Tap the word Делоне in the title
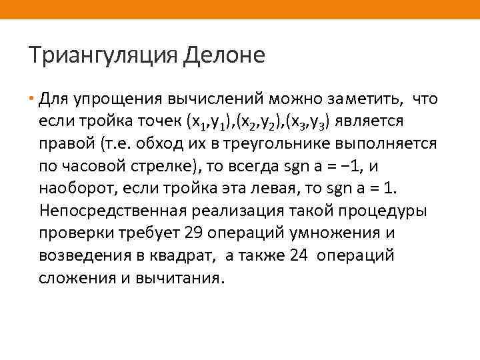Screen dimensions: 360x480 tap(223, 55)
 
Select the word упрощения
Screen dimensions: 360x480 tap(113, 100)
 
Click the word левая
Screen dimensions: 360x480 tap(274, 188)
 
